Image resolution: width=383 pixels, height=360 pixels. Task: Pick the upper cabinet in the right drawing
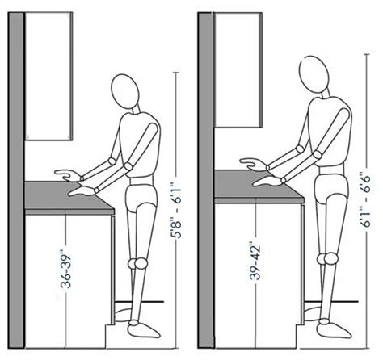(243, 61)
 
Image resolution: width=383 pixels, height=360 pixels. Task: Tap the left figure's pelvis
(142, 197)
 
